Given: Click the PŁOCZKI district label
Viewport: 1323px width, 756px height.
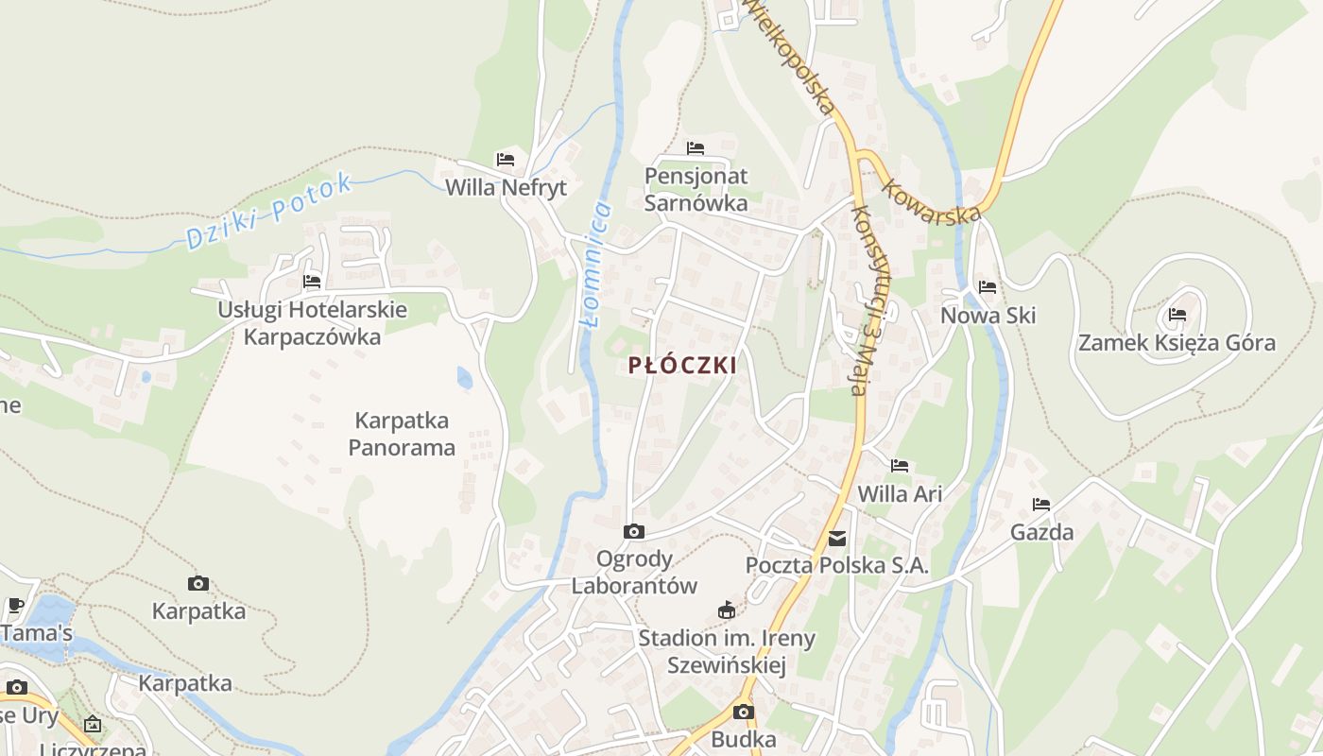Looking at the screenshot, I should (682, 366).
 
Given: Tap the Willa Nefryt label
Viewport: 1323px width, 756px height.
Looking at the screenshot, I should (506, 187).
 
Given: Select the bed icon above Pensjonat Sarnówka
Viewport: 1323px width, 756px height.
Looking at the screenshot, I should (696, 148).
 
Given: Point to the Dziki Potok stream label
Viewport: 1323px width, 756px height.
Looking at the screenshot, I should (269, 211).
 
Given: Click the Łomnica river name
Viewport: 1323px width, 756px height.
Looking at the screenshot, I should (595, 265).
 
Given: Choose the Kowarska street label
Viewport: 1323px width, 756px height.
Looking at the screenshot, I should (931, 198).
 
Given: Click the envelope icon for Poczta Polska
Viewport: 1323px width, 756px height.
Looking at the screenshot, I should (837, 539).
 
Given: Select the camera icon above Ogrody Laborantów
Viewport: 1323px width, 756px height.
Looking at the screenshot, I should (634, 532).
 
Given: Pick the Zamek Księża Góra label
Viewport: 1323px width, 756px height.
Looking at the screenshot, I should (1177, 343).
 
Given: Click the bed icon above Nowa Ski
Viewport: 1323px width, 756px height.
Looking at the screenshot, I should (988, 287).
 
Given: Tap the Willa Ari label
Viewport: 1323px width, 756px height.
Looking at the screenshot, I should (900, 493).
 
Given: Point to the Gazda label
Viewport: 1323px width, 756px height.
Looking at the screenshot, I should (1041, 532).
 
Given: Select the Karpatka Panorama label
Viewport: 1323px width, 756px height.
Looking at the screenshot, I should (402, 434).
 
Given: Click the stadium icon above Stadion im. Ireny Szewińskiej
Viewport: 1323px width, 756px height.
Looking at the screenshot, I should (726, 610).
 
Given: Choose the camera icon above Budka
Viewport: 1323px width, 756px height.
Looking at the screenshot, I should (744, 712).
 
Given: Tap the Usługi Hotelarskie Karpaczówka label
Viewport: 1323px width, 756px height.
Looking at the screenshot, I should (312, 322).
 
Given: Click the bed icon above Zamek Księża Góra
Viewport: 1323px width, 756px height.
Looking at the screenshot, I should (1177, 315).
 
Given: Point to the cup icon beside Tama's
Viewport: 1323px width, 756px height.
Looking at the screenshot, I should (15, 605).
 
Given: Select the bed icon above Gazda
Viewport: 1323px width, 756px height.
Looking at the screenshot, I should (1041, 505).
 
